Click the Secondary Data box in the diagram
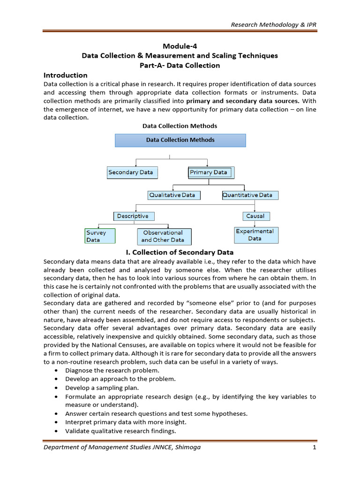[x=130, y=172]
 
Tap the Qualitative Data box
[x=172, y=195]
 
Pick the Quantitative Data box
[x=250, y=195]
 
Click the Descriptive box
[x=134, y=216]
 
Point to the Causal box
[x=255, y=216]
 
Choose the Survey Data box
[x=100, y=236]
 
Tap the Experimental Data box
[x=256, y=235]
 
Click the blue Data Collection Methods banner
[x=180, y=140]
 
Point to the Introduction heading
[x=66, y=75]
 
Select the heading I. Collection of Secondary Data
[x=180, y=253]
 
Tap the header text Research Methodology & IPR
[x=274, y=24]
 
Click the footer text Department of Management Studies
[x=122, y=447]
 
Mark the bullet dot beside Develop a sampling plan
[x=56, y=388]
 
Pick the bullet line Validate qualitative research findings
[x=120, y=431]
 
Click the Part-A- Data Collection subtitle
[x=180, y=65]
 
